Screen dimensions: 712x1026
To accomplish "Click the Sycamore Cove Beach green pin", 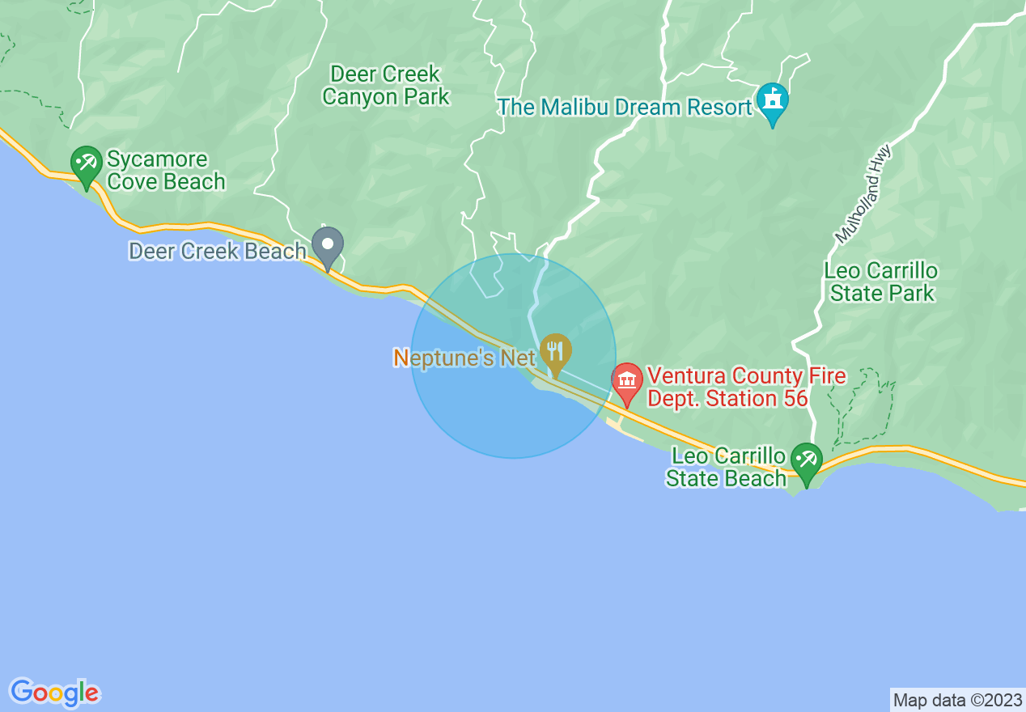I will click(86, 163).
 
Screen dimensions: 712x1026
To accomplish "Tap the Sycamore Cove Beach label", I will click(166, 170).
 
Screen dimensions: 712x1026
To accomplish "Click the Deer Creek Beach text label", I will click(218, 252).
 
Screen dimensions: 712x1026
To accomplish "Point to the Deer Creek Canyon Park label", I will click(385, 86).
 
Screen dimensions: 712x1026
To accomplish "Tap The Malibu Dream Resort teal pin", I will click(773, 101).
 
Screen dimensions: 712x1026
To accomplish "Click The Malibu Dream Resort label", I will click(625, 107).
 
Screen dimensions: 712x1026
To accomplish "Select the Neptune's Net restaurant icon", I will click(555, 351).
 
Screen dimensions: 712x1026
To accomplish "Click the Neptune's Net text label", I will click(464, 358).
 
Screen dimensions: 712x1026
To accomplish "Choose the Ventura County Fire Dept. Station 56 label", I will click(745, 387).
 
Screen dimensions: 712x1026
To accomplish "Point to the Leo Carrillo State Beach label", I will click(726, 467).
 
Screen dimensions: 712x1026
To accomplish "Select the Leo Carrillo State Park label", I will click(881, 282).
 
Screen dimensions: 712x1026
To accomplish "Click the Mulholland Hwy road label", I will click(863, 194).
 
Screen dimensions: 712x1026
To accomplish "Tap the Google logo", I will click(55, 693).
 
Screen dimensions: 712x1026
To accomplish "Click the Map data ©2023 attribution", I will click(957, 700).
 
